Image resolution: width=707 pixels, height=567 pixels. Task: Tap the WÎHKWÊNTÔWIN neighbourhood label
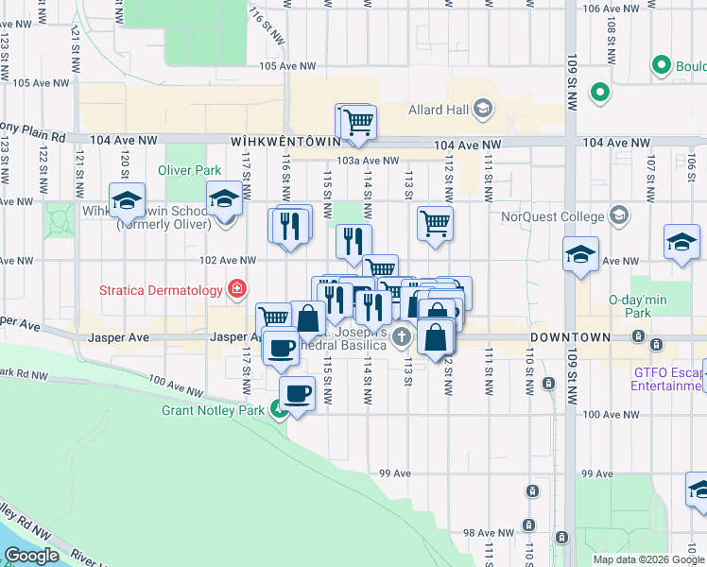[x=279, y=140]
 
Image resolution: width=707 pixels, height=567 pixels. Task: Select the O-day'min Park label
[x=630, y=305]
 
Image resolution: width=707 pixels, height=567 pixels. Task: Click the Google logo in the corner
[x=31, y=555]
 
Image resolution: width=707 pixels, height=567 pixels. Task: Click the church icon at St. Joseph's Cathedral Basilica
[x=402, y=336]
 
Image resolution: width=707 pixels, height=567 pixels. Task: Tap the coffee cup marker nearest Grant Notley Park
[x=298, y=392]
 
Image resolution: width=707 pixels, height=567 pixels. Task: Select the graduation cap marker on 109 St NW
[x=581, y=254]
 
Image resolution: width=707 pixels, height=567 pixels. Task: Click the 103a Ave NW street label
[x=368, y=161]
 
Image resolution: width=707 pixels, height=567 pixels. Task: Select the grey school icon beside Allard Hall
[x=484, y=110]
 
